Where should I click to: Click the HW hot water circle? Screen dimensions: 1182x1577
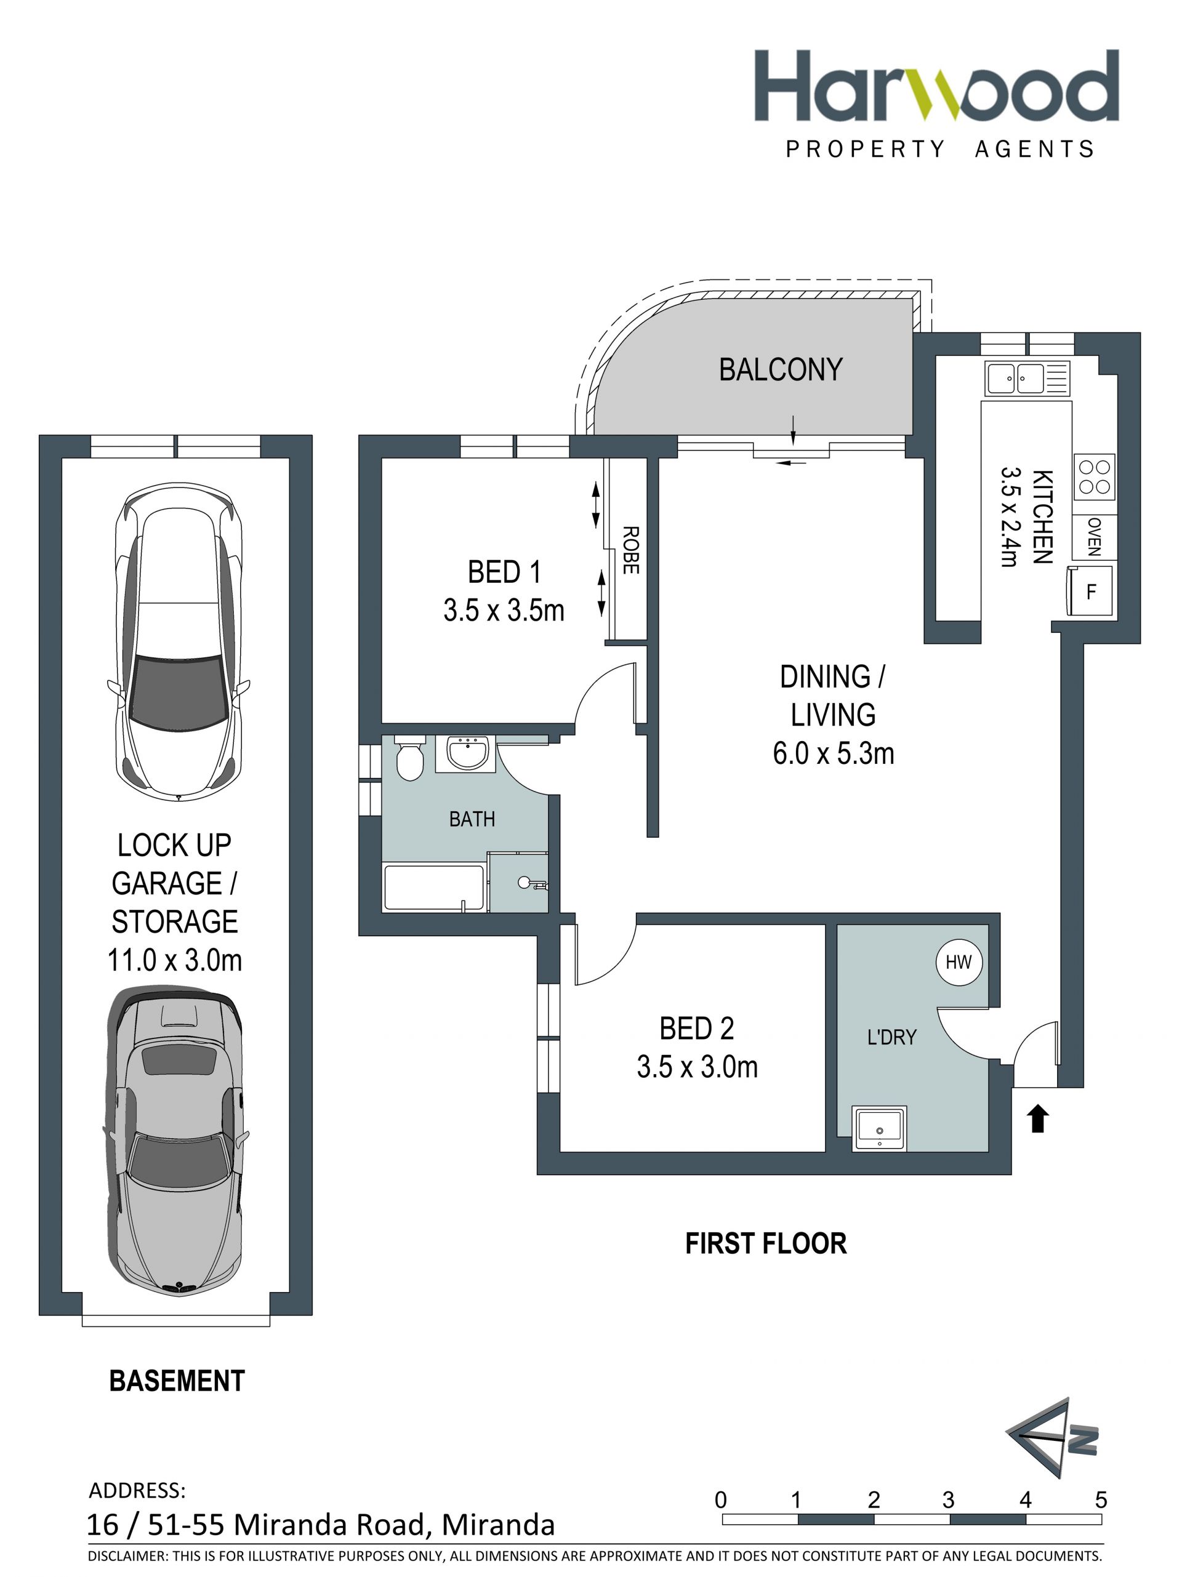coord(958,961)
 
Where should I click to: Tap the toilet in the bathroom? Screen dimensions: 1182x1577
coord(409,758)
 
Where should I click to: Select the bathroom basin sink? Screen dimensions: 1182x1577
coord(466,753)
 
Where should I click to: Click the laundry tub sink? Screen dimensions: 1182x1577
coord(879,1128)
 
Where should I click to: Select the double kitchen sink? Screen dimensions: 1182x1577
coord(1027,378)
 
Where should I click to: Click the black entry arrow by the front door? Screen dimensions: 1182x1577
coord(1038,1118)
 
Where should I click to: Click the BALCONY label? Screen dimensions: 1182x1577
coord(780,369)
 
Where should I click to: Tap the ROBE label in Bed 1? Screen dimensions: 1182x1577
coord(630,550)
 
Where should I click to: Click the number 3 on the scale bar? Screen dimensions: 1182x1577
coord(947,1500)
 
